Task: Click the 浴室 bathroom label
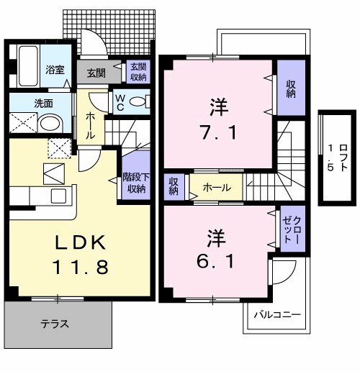pyautogui.click(x=55, y=70)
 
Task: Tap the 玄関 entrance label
pyautogui.click(x=96, y=73)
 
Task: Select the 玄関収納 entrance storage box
pyautogui.click(x=138, y=72)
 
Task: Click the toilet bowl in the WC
pyautogui.click(x=140, y=101)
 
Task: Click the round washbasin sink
pyautogui.click(x=50, y=124)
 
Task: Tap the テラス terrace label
pyautogui.click(x=55, y=324)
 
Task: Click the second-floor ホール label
pyautogui.click(x=217, y=188)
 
